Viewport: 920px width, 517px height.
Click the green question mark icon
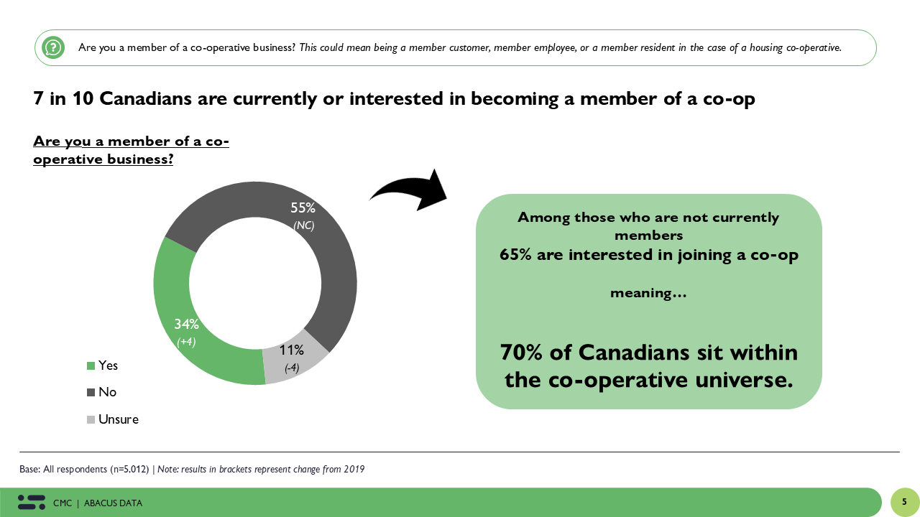click(x=53, y=47)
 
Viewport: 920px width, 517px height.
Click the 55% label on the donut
click(x=303, y=208)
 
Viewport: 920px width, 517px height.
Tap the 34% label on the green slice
click(x=186, y=324)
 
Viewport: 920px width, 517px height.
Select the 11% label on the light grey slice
click(x=292, y=350)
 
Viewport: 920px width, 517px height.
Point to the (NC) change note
click(x=303, y=225)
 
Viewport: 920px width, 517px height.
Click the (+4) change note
click(x=186, y=342)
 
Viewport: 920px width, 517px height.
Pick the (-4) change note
click(x=292, y=368)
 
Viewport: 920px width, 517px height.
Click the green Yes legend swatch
click(x=91, y=365)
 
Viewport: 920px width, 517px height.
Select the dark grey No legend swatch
click(x=91, y=392)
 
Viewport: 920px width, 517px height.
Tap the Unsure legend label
click(x=119, y=419)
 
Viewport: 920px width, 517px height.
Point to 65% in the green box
click(x=515, y=255)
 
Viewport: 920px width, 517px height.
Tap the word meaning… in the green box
click(x=648, y=293)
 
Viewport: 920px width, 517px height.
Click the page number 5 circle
click(x=905, y=502)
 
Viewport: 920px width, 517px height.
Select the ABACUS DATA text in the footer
click(x=113, y=503)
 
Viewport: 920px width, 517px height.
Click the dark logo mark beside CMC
click(x=32, y=502)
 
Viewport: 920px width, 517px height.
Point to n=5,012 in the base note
click(x=129, y=469)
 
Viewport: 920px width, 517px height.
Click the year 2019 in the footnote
click(x=354, y=469)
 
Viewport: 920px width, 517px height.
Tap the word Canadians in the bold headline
click(x=145, y=98)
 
